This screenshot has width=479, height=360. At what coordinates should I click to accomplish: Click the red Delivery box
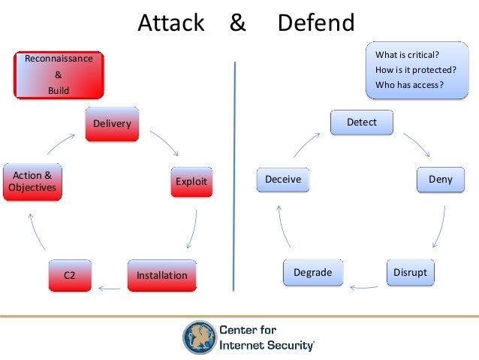click(112, 124)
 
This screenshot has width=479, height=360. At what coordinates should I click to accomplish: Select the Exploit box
click(191, 181)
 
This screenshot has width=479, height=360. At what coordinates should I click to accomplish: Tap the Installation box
click(161, 275)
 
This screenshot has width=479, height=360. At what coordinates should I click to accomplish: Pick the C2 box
click(70, 275)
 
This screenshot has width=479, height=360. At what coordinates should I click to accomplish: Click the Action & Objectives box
click(32, 181)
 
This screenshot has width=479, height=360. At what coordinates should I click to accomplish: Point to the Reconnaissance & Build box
click(59, 74)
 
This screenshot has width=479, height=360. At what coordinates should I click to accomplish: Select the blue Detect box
click(362, 123)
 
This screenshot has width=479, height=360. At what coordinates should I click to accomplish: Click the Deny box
click(440, 180)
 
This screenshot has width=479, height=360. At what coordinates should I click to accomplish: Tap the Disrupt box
click(410, 272)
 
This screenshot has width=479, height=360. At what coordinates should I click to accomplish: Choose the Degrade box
click(312, 272)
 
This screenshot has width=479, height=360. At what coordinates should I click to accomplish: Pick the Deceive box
click(283, 180)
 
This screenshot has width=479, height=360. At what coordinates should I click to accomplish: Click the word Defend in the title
click(316, 23)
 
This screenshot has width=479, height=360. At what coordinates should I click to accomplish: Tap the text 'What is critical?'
click(408, 55)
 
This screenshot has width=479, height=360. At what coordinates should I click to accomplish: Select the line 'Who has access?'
click(409, 85)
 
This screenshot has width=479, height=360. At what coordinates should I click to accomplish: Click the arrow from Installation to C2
click(110, 286)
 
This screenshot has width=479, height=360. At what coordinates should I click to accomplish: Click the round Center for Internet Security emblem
click(198, 337)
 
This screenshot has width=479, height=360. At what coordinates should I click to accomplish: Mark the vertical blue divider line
click(236, 177)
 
